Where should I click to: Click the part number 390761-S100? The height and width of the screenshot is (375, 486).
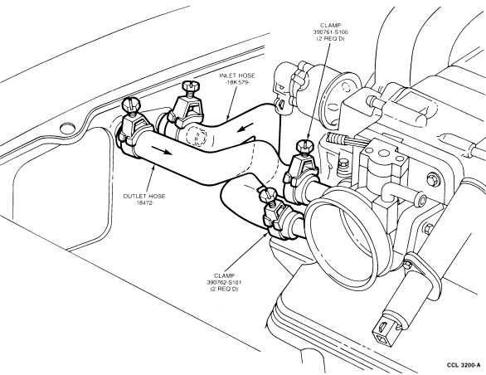tap(330, 32)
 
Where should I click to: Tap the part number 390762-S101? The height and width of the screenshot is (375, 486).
tap(225, 282)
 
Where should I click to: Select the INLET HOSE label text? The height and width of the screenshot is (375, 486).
tap(237, 75)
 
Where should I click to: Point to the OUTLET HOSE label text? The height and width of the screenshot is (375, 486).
tap(144, 196)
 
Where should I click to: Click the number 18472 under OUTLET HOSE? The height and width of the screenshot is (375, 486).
tap(144, 203)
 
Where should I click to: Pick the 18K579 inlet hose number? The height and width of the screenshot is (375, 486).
tap(237, 82)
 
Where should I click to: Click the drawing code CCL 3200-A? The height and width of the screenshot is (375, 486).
tap(464, 365)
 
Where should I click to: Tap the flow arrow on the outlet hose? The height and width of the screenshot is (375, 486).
tap(161, 150)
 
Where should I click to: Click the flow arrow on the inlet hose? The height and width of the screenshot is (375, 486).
tap(245, 127)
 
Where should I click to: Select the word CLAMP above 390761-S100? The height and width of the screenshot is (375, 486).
tap(330, 26)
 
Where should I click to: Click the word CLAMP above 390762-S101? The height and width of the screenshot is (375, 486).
tap(225, 275)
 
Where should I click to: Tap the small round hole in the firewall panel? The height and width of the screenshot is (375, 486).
tap(67, 129)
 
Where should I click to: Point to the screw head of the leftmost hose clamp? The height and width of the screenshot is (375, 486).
tap(131, 105)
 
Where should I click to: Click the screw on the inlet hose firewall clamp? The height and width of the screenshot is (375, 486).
tap(189, 86)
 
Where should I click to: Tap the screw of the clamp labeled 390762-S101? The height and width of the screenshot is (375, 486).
tap(269, 194)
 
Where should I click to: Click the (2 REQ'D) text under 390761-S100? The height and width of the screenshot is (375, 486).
tap(330, 39)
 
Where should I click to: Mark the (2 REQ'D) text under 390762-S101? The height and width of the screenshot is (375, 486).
tap(225, 289)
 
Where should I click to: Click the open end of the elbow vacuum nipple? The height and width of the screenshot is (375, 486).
tap(422, 201)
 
